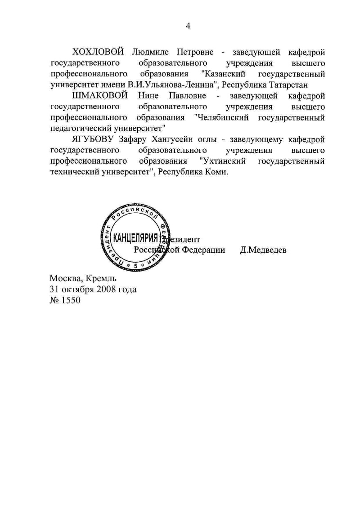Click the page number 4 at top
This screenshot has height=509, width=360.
click(189, 26)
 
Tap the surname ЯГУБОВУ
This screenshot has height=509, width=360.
click(94, 139)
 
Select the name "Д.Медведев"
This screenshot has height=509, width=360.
click(263, 250)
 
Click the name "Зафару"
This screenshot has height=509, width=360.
click(135, 139)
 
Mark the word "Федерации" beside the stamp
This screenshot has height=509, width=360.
click(204, 250)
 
